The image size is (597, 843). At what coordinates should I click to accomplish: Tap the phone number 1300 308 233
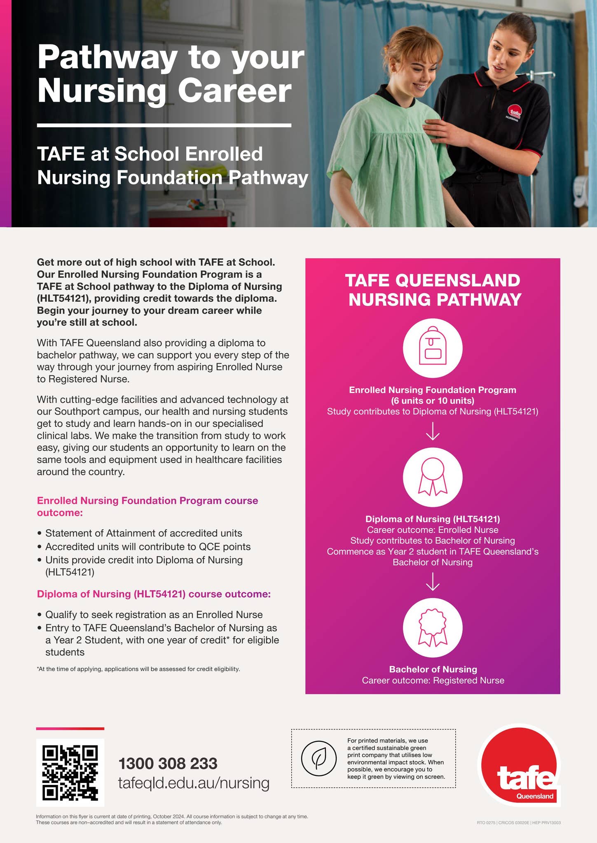(168, 764)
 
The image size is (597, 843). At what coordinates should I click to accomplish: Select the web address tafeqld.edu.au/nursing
(194, 783)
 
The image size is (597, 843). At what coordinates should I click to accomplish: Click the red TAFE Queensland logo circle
(519, 766)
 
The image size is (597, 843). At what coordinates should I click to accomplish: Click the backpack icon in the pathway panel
(432, 348)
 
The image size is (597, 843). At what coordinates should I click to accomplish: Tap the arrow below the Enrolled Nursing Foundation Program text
(432, 431)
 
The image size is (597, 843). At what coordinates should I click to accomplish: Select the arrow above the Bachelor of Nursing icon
(432, 582)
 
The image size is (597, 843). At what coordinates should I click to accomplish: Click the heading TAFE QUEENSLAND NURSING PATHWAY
(433, 290)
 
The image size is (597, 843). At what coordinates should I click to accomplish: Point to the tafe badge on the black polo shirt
(515, 111)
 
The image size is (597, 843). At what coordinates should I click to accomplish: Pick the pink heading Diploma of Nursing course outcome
(154, 594)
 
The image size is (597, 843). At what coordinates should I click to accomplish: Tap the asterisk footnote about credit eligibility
(138, 669)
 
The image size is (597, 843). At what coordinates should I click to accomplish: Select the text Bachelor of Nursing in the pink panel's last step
(433, 669)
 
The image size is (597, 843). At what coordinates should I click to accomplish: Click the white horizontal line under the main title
(164, 125)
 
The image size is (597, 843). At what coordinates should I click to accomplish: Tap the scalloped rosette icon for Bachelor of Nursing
(432, 628)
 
